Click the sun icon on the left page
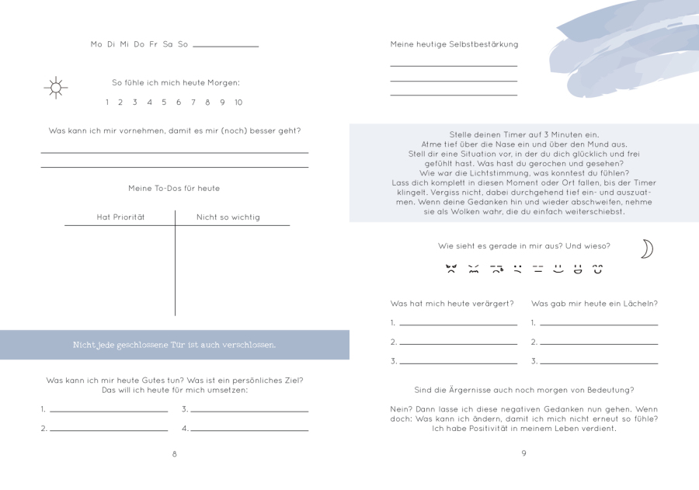56,88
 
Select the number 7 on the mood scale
193,103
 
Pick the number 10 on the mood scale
238,103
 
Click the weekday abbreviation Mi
124,44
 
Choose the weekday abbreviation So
183,44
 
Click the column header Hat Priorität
120,217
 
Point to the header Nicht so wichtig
228,217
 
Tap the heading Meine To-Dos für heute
174,189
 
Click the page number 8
174,454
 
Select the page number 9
523,454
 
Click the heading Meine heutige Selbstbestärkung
454,44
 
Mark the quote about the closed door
174,345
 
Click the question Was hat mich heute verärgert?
452,304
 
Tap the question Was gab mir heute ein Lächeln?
594,304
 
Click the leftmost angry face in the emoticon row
451,269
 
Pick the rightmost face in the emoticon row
598,269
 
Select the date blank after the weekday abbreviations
225,46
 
